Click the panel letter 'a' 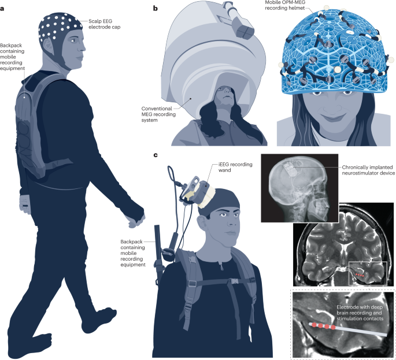click(x=3, y=8)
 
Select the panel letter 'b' click(x=156, y=8)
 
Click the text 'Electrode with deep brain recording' click(x=358, y=309)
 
